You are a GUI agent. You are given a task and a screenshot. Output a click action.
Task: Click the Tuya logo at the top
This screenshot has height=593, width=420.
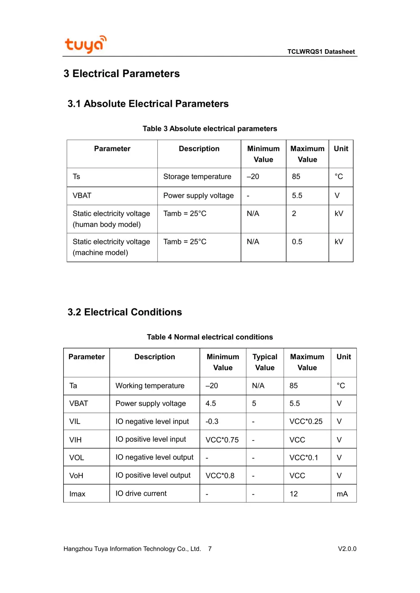(85, 44)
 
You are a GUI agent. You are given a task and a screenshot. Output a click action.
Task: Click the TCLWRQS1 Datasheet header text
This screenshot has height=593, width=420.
(321, 52)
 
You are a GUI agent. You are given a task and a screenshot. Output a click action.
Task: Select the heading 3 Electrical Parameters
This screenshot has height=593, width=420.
(122, 74)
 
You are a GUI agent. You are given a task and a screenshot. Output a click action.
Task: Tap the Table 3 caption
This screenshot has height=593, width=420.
(210, 129)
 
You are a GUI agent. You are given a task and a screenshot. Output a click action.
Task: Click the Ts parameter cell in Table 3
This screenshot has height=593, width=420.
(76, 177)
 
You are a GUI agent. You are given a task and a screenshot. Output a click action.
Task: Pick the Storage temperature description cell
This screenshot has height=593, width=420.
(197, 177)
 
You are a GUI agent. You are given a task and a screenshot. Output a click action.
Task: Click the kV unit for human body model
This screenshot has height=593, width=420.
(339, 213)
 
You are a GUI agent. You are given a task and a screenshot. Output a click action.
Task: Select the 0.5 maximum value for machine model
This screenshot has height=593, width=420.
(297, 242)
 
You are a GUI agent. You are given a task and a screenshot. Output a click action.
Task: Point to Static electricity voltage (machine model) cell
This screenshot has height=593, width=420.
(111, 247)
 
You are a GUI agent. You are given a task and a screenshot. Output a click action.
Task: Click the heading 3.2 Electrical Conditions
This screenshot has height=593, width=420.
(125, 312)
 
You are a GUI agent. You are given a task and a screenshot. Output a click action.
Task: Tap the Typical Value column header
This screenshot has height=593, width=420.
(265, 362)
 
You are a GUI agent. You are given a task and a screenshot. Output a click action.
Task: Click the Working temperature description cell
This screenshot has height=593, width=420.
(150, 386)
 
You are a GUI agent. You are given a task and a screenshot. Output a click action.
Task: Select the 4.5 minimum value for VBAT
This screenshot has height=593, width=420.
(211, 404)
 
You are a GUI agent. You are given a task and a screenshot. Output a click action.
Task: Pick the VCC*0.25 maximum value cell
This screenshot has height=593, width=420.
(306, 421)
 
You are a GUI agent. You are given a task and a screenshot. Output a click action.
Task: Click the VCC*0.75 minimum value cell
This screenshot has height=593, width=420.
(222, 440)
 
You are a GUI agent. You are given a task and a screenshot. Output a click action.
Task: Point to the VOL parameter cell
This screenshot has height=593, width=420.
(77, 458)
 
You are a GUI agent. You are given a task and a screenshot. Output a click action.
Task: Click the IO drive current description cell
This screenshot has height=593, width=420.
(141, 493)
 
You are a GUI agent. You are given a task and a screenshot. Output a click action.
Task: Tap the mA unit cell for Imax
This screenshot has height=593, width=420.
(342, 494)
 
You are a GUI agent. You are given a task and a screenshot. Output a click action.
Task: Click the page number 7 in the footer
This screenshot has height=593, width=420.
(210, 549)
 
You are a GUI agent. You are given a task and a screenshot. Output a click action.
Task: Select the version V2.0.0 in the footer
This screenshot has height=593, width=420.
(347, 549)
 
